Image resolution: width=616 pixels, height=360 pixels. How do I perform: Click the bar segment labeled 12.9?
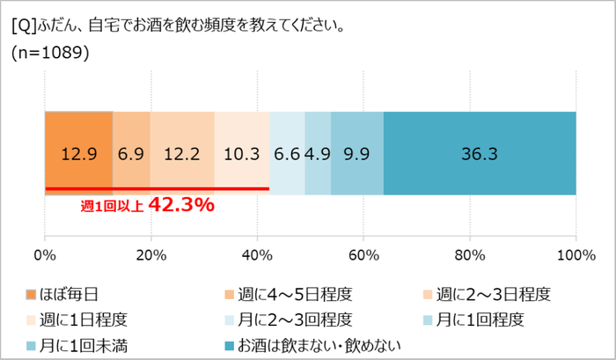[78, 153]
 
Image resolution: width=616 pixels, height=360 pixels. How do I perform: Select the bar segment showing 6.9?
[131, 153]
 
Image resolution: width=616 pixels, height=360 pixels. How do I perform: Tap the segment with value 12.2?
[181, 153]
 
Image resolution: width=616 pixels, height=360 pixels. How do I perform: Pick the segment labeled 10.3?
[241, 153]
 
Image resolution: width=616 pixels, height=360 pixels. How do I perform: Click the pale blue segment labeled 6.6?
[287, 153]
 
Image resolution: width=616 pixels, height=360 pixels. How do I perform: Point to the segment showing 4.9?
[318, 153]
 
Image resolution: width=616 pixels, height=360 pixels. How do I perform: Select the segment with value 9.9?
[357, 153]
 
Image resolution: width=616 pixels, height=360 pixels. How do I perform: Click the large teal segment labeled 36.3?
[480, 153]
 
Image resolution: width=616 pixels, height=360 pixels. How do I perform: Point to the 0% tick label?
[45, 255]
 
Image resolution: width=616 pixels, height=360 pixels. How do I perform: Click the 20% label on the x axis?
[151, 255]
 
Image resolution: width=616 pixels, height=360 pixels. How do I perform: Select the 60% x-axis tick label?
[363, 255]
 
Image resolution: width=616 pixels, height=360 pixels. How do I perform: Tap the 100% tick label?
[576, 255]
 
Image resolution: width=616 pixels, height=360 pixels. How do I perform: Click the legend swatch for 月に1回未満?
[33, 344]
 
